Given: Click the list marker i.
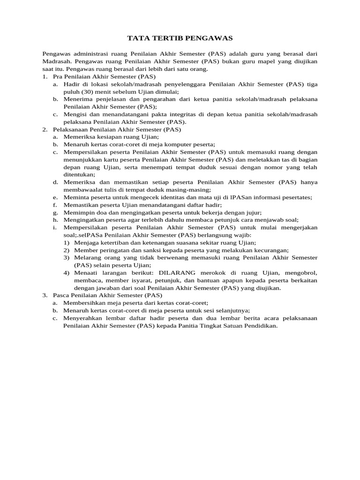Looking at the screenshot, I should coord(55,227).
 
